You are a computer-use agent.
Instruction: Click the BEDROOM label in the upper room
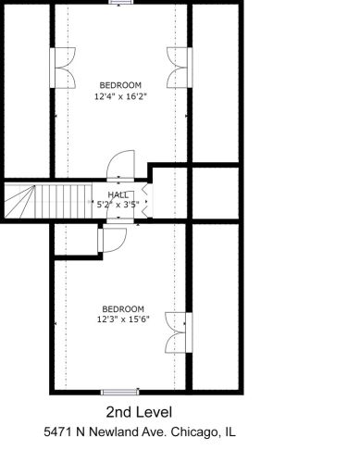[120, 85]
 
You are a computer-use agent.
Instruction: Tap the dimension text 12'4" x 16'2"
[120, 95]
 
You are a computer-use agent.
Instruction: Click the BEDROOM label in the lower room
[122, 308]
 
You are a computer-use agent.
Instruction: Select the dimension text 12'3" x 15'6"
[122, 319]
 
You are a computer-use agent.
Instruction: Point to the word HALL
[118, 194]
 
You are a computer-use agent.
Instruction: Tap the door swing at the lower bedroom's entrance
[111, 242]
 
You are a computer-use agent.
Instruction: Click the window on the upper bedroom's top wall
[120, 3]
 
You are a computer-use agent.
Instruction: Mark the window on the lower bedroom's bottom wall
[120, 391]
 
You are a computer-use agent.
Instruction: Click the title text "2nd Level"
[140, 411]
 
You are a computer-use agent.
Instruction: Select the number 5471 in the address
[58, 432]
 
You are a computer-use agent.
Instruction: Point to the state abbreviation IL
[229, 432]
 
